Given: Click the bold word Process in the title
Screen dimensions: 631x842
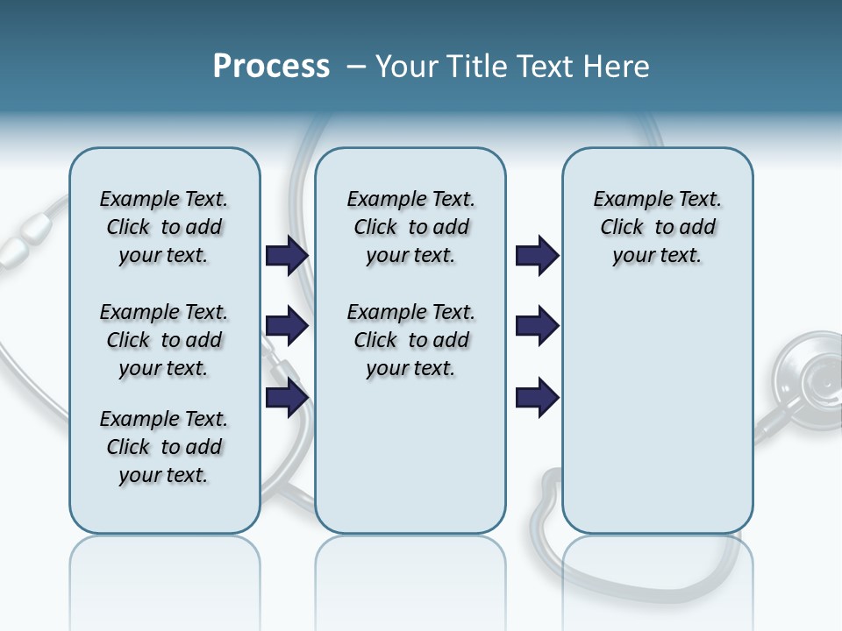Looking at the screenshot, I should tap(271, 67).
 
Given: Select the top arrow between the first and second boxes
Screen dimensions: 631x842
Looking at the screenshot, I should tap(287, 255).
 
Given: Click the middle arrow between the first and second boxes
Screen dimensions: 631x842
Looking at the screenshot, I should tap(287, 327).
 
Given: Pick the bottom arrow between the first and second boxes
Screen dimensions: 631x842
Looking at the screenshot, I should tap(287, 398).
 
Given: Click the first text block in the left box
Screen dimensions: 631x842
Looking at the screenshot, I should tap(164, 227).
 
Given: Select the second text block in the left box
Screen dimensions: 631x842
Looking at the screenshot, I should tap(164, 340).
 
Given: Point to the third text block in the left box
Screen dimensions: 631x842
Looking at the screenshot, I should tap(164, 447).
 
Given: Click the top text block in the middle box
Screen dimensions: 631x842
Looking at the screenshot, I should tap(410, 227).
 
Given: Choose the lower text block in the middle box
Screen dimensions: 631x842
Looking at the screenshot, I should tap(410, 340).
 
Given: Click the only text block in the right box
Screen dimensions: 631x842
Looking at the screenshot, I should tap(658, 227).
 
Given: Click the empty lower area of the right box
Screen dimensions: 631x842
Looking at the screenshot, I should tap(658, 412).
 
